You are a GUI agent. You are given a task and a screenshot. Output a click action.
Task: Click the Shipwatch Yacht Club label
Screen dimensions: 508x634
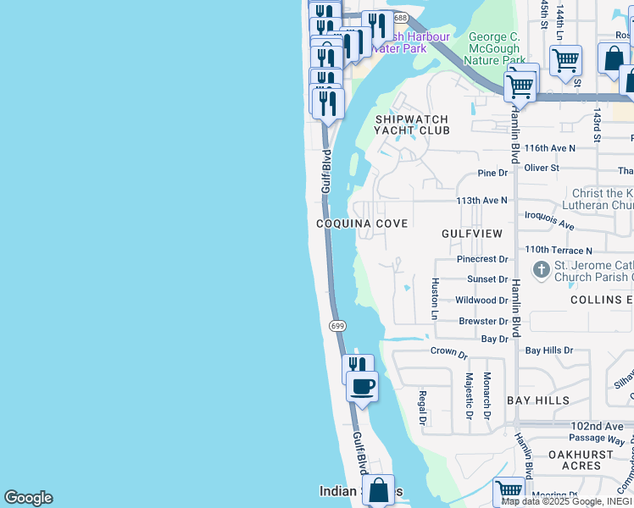coord(412,124)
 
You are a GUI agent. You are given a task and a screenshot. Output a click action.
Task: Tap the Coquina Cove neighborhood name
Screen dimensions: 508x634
coord(362,224)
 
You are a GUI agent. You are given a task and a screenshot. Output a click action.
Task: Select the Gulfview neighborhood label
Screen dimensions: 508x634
coord(472,233)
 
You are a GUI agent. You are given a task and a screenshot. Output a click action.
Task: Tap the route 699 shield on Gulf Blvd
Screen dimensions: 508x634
coord(337,325)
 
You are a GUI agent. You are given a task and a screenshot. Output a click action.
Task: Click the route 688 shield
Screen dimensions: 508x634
coord(400,18)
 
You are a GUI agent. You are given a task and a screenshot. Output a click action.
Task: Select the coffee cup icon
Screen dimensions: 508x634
coord(362,387)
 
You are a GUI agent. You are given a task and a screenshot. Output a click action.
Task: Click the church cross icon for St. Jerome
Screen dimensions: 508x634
coord(541,270)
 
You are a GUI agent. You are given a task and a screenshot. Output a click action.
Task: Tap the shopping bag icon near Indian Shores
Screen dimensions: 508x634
coord(378,489)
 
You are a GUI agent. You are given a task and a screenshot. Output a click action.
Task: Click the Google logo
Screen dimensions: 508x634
coord(28,498)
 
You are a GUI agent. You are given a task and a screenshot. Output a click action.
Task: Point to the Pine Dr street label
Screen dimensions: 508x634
coord(492,173)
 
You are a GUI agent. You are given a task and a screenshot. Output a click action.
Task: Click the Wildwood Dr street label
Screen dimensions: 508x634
coord(481,301)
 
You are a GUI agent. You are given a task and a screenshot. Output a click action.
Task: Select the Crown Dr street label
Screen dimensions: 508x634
coord(448,351)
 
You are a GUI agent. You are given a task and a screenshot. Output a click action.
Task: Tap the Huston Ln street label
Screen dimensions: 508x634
coord(435,293)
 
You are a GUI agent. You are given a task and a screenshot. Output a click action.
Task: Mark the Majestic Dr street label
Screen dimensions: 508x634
coord(468,395)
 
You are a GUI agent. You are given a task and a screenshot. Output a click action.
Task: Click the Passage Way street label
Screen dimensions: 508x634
coord(597,440)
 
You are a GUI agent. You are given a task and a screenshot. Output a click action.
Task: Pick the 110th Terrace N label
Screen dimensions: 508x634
coord(558,251)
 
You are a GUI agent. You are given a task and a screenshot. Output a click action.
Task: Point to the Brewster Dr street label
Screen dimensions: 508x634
coord(483,322)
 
